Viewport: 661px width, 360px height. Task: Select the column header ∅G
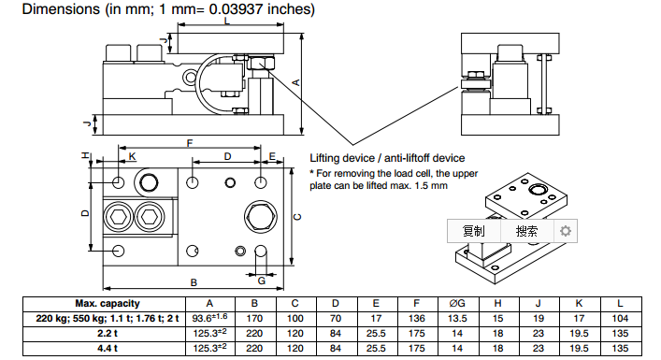click(457, 304)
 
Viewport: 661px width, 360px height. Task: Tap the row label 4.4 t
click(108, 349)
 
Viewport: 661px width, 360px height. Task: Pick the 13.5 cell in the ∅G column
click(457, 319)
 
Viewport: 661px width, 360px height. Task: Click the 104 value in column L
click(620, 319)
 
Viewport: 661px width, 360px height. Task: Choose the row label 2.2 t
click(108, 334)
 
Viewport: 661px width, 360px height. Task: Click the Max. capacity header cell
click(108, 304)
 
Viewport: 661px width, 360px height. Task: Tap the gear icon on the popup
click(566, 231)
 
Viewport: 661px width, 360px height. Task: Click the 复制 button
click(473, 231)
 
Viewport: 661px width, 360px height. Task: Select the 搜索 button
click(526, 231)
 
